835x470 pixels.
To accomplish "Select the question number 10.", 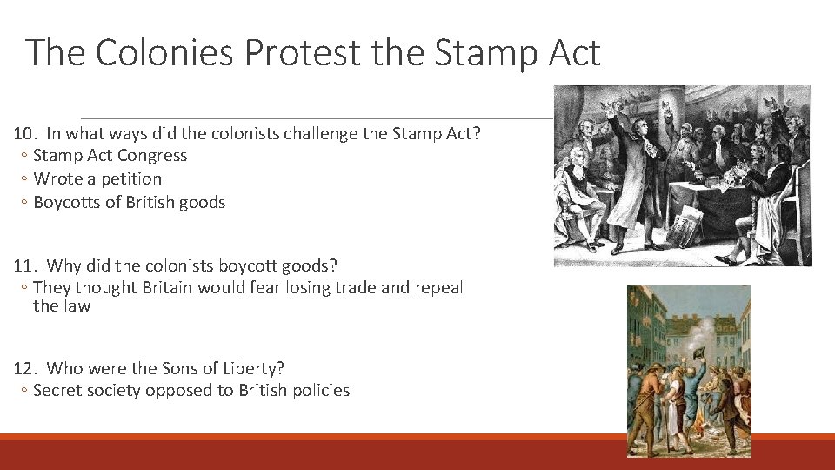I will (x=24, y=133).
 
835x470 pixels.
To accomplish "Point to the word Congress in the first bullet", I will (x=153, y=156).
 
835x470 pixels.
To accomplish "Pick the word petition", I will (x=131, y=179).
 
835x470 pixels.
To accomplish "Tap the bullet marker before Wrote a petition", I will (x=24, y=179).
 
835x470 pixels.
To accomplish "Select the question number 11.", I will (x=24, y=265).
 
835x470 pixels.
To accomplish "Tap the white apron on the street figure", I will (x=672, y=418).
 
